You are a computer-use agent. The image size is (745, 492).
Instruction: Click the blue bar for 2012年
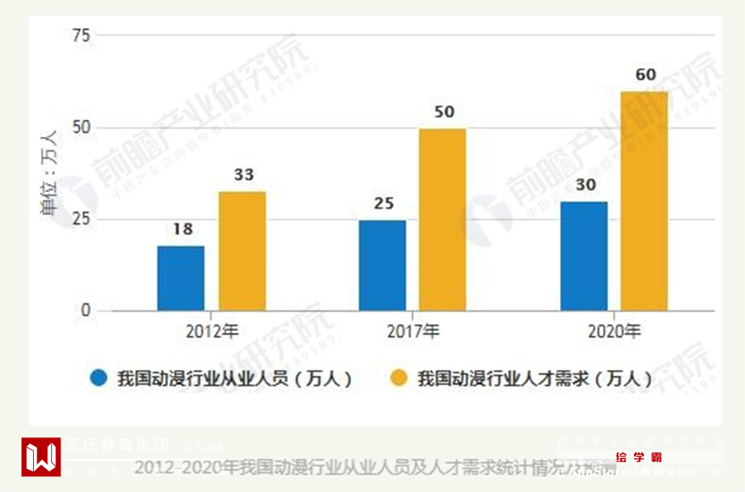(180, 278)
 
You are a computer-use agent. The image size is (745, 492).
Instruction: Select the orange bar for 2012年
(242, 252)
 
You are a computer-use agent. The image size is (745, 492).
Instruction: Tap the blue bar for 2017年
(382, 265)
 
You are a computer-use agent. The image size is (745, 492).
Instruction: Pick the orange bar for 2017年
(442, 220)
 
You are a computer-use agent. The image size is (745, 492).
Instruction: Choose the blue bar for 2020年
(584, 256)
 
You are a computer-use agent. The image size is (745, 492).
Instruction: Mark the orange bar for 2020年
(644, 201)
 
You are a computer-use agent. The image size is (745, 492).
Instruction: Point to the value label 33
(243, 176)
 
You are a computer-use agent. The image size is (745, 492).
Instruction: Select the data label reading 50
(444, 112)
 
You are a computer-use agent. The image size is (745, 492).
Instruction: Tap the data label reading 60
(646, 75)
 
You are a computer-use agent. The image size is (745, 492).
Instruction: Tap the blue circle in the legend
(99, 379)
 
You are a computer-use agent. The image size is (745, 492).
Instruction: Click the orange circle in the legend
(399, 379)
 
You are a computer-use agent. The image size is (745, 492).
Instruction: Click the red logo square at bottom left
(41, 456)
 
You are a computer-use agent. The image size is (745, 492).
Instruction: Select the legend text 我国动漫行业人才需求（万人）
(534, 379)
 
